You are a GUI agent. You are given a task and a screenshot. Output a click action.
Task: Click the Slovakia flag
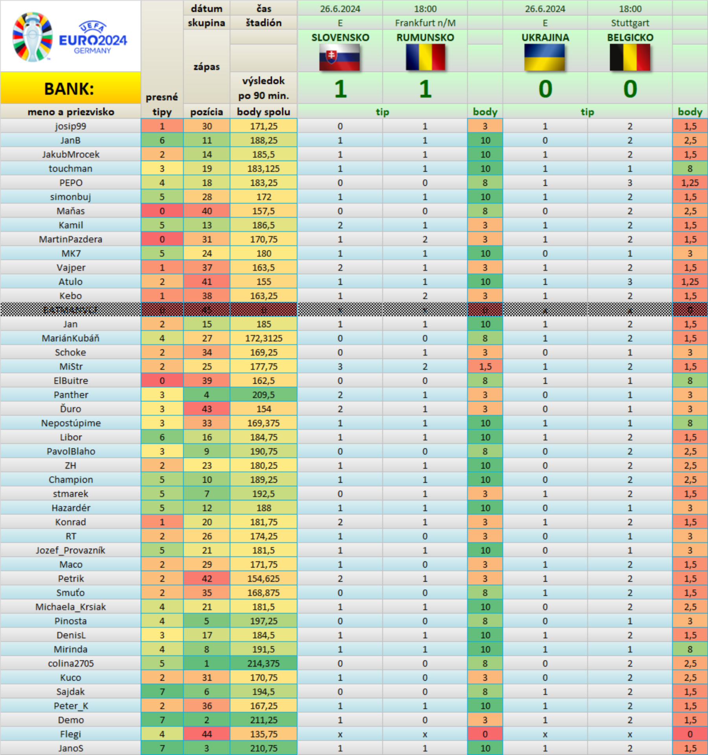(x=340, y=57)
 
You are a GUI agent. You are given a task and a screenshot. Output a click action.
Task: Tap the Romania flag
(x=425, y=57)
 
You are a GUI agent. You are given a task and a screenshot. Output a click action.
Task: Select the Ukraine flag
(x=545, y=57)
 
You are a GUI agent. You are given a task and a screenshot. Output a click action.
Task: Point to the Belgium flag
(x=630, y=57)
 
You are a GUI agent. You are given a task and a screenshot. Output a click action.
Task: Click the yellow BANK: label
(x=70, y=88)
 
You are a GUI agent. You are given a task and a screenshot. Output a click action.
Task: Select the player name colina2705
(x=71, y=663)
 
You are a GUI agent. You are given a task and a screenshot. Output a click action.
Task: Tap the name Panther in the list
(x=71, y=395)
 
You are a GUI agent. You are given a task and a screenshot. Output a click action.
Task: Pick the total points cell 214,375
(x=263, y=663)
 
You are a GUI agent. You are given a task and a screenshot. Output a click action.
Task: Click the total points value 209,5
(x=263, y=395)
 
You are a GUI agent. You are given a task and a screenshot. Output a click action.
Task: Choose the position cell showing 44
(x=207, y=734)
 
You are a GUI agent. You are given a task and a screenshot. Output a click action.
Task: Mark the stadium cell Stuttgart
(x=630, y=23)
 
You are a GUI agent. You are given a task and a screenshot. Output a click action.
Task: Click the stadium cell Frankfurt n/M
(x=425, y=23)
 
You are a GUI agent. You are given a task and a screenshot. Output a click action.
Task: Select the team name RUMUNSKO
(x=425, y=37)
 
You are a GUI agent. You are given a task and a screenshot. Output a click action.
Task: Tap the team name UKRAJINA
(x=545, y=37)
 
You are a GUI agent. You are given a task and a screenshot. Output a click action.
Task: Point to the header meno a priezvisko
(x=71, y=112)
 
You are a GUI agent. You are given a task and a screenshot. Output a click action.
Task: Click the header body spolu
(x=263, y=112)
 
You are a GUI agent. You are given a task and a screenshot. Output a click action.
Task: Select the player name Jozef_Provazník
(x=71, y=550)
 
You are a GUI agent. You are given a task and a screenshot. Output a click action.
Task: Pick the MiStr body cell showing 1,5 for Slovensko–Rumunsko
(x=485, y=366)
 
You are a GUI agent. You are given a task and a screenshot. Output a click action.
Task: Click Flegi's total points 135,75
(x=263, y=734)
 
